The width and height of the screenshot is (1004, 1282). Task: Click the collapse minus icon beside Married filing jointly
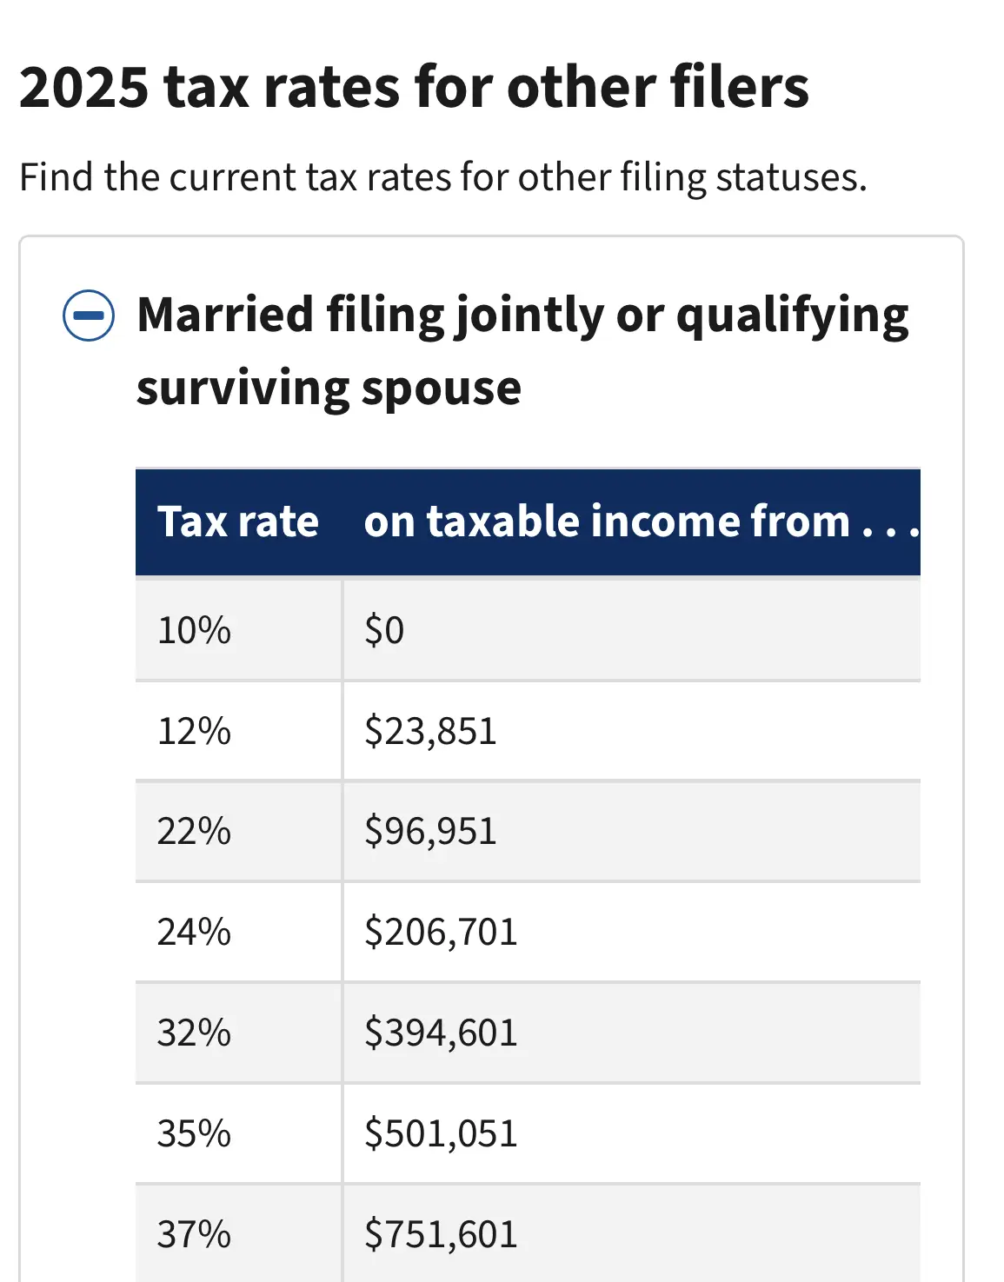[x=89, y=316]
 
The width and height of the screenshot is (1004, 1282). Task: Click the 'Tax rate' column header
[x=237, y=521]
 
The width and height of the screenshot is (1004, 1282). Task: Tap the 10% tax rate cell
[x=194, y=630]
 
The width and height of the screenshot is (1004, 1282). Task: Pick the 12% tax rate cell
[x=194, y=731]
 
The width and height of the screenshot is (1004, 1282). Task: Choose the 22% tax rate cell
[x=194, y=831]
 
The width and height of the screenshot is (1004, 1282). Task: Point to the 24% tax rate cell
[x=194, y=932]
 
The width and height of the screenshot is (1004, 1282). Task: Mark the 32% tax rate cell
[x=194, y=1033]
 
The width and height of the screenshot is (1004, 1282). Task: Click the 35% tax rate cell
[x=194, y=1133]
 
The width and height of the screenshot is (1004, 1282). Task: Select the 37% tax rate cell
[x=194, y=1234]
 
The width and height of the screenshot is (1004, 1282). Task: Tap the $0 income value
[x=384, y=630]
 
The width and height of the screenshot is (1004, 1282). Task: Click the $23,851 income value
[x=430, y=731]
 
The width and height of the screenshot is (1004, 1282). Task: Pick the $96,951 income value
[x=430, y=831]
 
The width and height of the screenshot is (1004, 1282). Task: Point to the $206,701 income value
[x=441, y=932]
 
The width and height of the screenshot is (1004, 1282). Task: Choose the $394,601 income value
[x=441, y=1033]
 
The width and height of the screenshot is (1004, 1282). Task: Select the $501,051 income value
[x=441, y=1133]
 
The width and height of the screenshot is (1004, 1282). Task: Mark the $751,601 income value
[x=441, y=1234]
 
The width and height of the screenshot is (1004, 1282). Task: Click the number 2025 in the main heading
[x=83, y=87]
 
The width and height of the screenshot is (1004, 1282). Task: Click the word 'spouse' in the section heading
[x=442, y=390]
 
